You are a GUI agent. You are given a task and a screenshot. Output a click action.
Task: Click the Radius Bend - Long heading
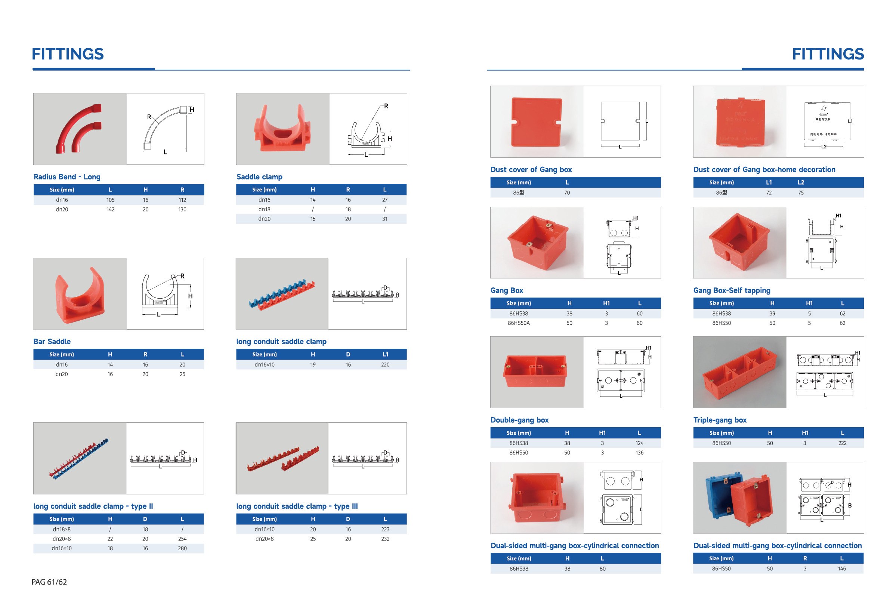pos(67,177)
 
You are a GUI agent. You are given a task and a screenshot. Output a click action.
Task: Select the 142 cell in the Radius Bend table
pos(110,210)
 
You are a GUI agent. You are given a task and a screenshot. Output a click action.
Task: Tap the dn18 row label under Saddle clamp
pos(264,210)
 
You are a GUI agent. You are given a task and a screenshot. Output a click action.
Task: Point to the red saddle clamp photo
pos(282,129)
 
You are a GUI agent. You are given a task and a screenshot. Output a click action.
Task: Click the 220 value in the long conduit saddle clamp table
pos(385,365)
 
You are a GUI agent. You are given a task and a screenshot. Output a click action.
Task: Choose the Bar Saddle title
pos(52,342)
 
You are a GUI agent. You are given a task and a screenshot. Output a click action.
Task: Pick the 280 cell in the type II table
pos(182,548)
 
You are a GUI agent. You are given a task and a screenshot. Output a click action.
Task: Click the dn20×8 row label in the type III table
pos(264,539)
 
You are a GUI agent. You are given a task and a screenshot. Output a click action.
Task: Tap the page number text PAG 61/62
pos(49,582)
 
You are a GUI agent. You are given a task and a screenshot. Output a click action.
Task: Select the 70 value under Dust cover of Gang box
pos(567,192)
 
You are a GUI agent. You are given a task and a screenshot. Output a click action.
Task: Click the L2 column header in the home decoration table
pos(801,182)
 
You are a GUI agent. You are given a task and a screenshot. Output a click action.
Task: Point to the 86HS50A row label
pos(519,323)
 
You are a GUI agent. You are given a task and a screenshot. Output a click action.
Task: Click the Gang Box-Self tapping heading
pos(732,290)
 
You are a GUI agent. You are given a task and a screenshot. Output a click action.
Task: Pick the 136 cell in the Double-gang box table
pos(639,453)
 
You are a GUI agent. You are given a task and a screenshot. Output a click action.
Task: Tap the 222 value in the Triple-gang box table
pos(842,443)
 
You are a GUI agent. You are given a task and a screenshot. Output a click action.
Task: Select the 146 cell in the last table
pos(841,569)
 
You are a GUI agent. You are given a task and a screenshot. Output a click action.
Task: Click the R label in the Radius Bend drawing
pos(149,117)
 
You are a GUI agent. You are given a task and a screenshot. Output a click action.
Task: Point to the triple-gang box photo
pos(739,372)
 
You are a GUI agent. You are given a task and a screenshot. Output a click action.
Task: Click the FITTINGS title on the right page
pos(828,54)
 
